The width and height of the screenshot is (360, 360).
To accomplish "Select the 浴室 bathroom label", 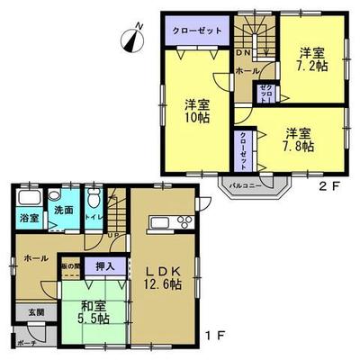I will tap(27, 218).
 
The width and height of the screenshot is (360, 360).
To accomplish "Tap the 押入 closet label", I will tap(105, 266).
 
